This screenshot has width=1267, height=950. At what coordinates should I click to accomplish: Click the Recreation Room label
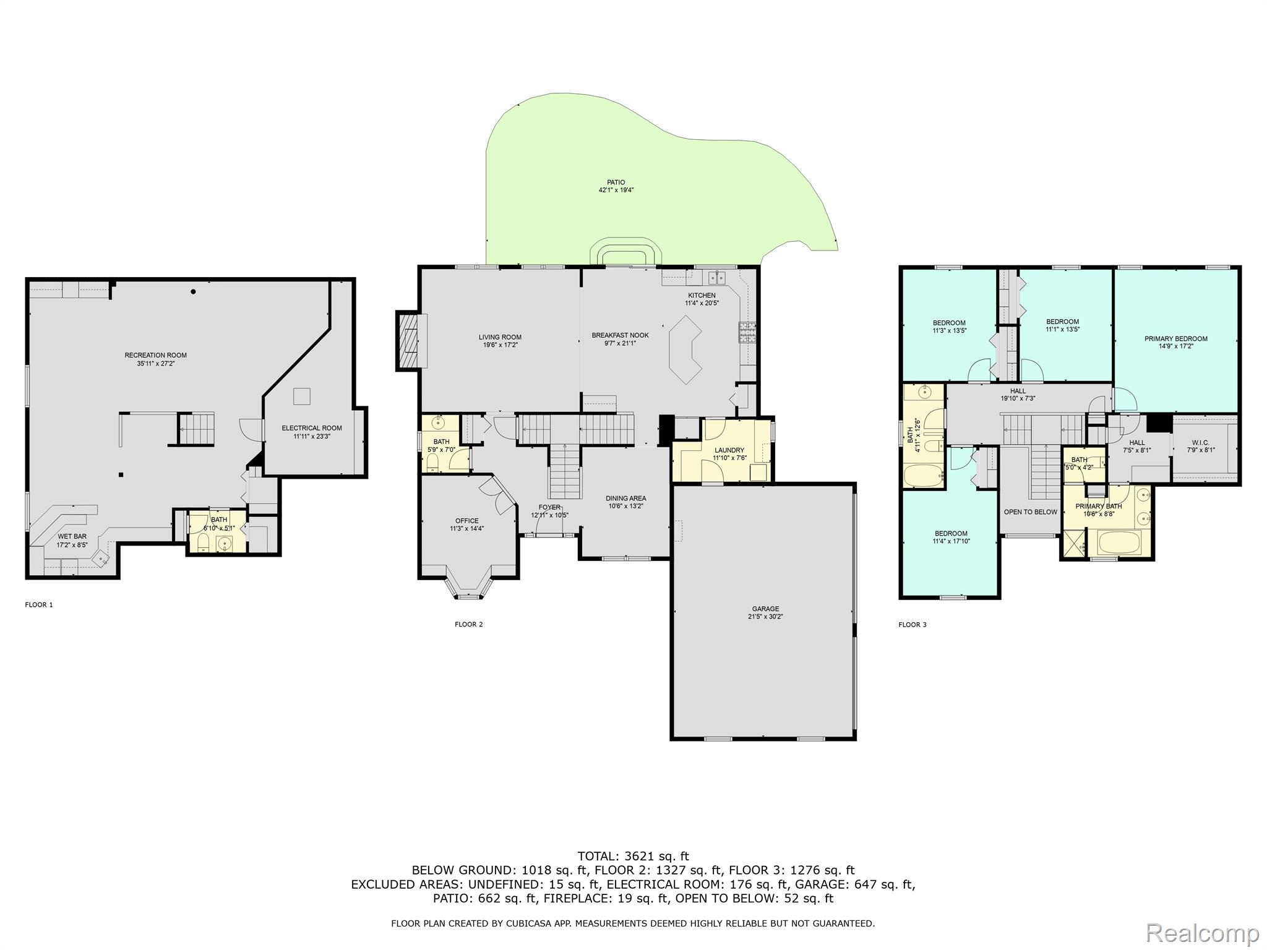[x=155, y=355]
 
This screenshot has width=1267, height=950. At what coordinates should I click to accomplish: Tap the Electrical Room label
[x=312, y=428]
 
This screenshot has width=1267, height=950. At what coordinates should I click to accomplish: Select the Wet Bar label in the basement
[x=72, y=536]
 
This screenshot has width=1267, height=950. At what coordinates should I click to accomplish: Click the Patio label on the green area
[x=616, y=182]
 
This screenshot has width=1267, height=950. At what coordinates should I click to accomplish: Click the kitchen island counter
[x=685, y=349]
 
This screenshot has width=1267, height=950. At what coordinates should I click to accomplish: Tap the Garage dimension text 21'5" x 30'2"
[x=766, y=617]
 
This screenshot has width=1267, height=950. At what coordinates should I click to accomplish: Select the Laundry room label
[x=729, y=450]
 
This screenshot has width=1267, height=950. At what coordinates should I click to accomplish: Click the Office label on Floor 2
[x=467, y=521]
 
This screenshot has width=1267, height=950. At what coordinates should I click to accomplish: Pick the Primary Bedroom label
[x=1176, y=339]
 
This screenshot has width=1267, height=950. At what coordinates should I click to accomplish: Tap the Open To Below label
[x=1031, y=512]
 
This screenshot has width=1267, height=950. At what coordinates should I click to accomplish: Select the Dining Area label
[x=626, y=499]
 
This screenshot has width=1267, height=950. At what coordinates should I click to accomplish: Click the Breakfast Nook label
[x=621, y=335]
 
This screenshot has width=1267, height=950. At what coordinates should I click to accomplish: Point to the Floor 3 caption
[x=913, y=625]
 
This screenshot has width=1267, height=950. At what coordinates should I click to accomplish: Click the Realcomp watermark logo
[x=1203, y=932]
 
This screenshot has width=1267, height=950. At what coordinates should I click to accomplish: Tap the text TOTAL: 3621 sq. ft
[x=633, y=857]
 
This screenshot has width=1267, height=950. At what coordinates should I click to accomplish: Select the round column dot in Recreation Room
[x=194, y=292]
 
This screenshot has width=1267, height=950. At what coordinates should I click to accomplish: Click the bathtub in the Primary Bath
[x=1119, y=542]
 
